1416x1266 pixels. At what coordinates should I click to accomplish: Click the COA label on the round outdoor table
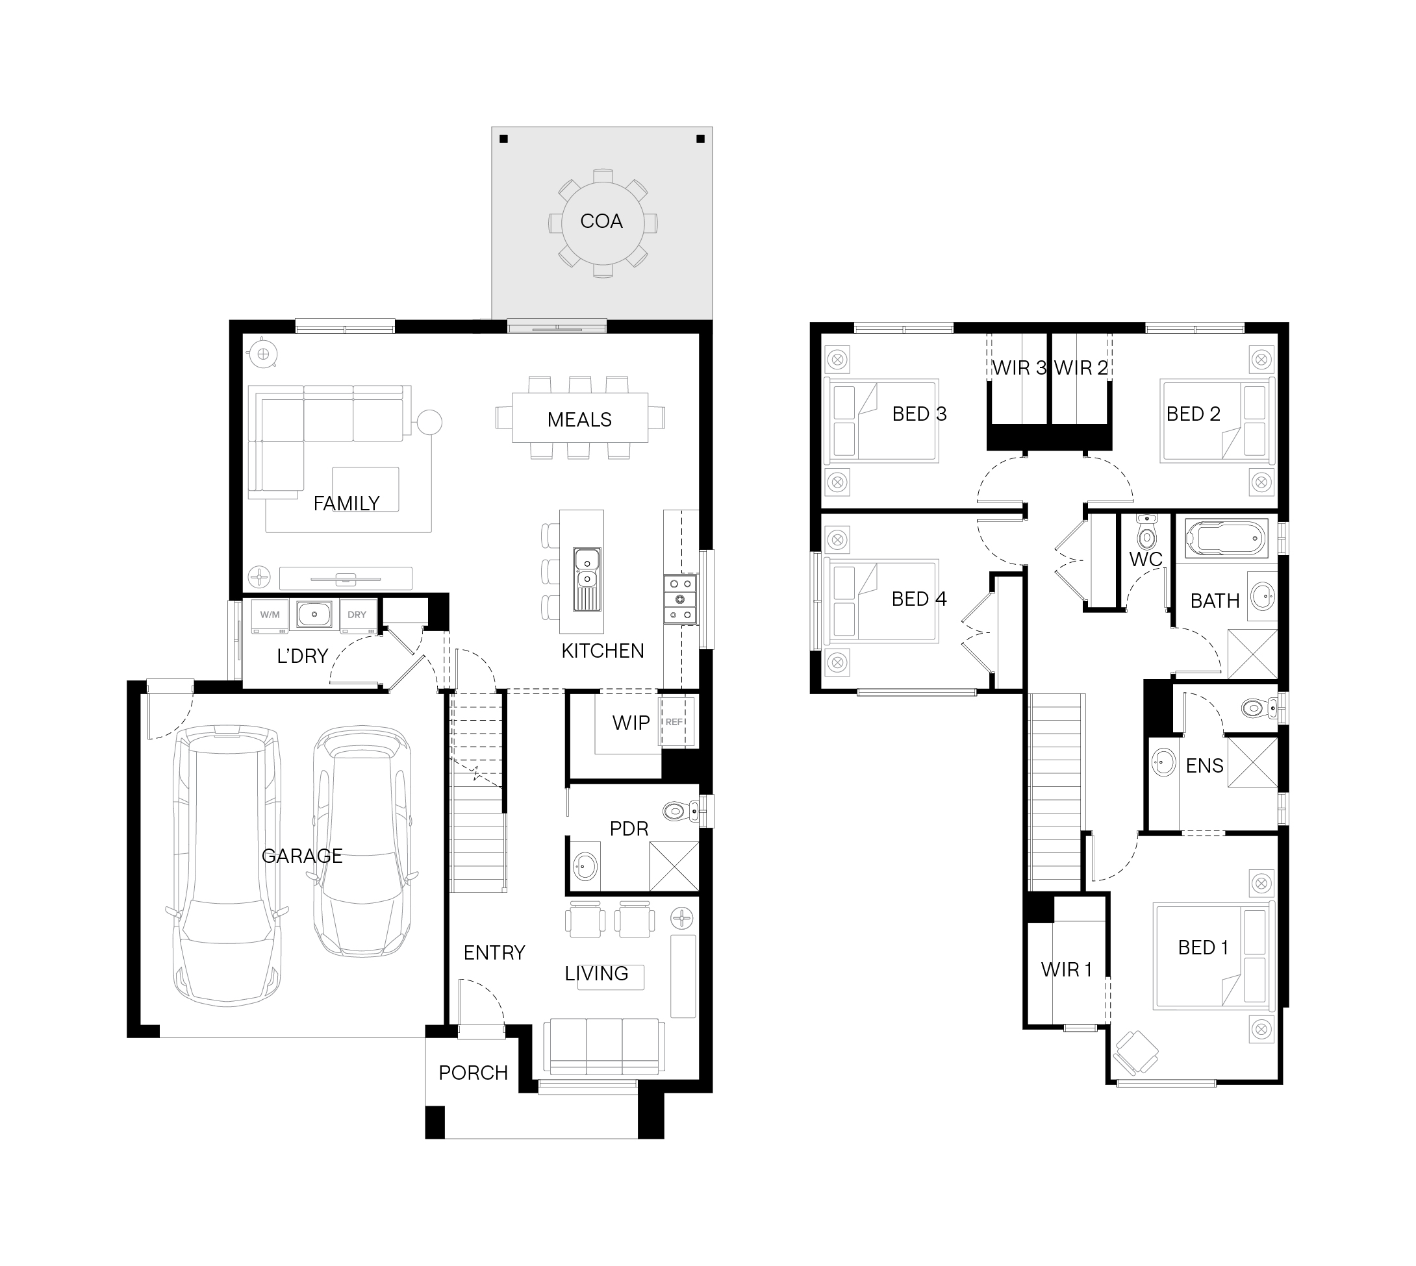point(601,221)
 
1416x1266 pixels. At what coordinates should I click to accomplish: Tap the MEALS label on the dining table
point(579,419)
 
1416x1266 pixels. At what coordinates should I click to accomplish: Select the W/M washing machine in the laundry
point(270,616)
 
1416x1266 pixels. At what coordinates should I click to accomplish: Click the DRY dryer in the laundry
point(358,616)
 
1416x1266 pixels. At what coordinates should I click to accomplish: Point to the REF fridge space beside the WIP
point(676,721)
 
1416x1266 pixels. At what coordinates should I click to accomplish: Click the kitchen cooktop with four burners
point(681,599)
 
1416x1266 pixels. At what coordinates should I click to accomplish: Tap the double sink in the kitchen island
point(587,578)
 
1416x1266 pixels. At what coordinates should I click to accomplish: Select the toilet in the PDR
point(681,811)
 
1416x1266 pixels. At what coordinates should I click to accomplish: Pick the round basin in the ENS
point(1163,762)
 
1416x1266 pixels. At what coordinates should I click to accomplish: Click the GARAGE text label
point(302,856)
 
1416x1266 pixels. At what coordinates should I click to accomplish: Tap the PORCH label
point(473,1073)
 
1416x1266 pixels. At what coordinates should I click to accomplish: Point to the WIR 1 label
point(1067,970)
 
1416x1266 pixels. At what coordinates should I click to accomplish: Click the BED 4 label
point(919,599)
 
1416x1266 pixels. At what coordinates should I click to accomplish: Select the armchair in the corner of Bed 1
point(1135,1052)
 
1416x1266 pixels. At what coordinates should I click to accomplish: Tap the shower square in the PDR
point(674,866)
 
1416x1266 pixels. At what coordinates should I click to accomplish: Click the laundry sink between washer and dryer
point(314,615)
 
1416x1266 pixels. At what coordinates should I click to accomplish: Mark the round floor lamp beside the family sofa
point(429,423)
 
